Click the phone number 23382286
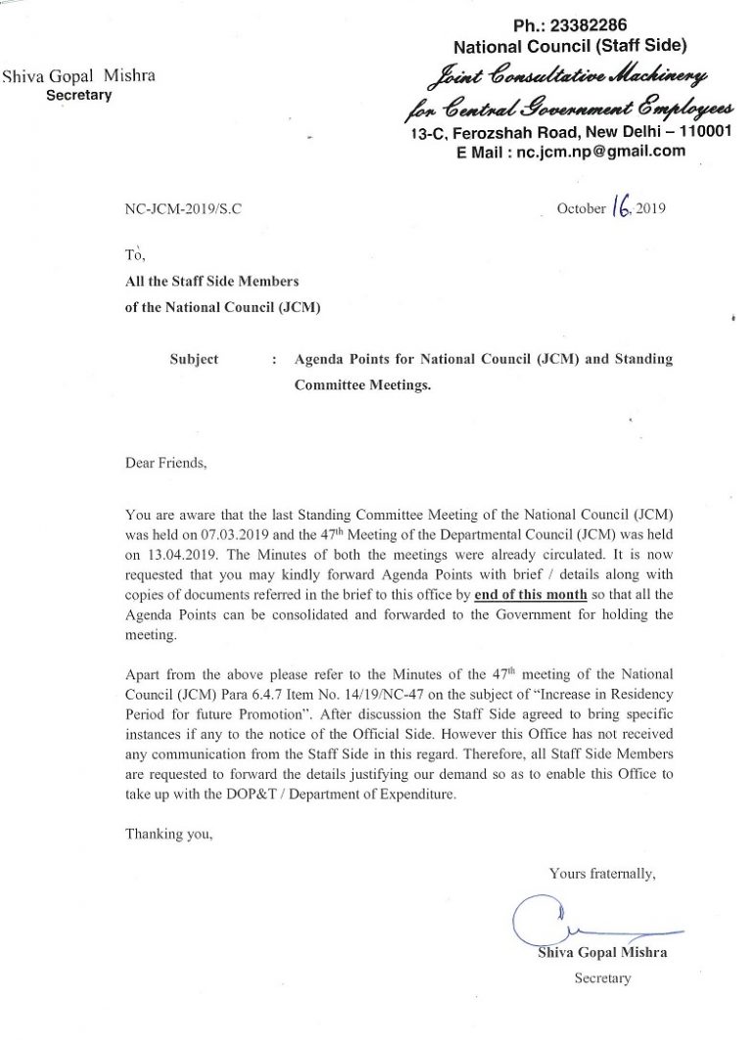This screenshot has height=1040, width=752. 587,25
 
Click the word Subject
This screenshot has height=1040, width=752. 194,360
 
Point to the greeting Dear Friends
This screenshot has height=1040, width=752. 166,462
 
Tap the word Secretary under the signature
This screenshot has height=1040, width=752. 603,977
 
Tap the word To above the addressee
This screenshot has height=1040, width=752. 135,256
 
